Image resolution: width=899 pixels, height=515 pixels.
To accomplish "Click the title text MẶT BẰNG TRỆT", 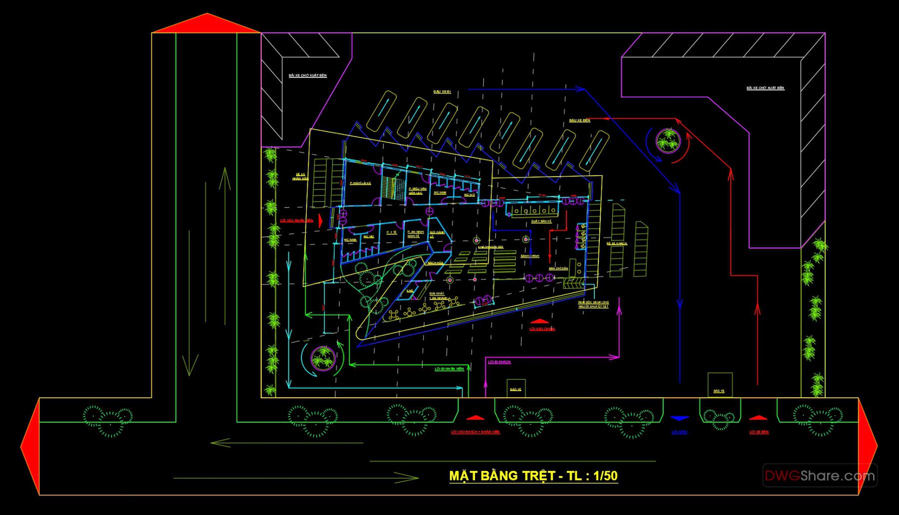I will (502, 476).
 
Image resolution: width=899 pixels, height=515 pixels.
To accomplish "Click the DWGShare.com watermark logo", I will (819, 476).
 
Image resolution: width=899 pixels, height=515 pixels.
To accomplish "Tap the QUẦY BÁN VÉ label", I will (541, 221).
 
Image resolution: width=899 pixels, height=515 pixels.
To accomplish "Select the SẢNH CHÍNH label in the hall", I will (530, 256).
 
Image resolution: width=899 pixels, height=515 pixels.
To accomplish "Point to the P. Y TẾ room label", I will (391, 232).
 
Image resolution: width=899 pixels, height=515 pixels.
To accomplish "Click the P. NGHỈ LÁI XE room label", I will (360, 184).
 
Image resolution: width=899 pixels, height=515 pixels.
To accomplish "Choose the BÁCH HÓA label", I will (435, 263).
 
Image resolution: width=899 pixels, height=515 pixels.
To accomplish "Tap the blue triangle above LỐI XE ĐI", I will (679, 418).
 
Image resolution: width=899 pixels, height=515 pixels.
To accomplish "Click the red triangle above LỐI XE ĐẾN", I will (758, 418).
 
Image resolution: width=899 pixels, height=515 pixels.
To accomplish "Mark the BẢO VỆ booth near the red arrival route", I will (720, 385).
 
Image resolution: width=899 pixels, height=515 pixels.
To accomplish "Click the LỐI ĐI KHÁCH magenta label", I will (499, 362).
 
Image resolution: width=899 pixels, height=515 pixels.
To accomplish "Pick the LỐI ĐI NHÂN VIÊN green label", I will (449, 369).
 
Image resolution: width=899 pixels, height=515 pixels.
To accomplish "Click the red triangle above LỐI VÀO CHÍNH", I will (540, 321).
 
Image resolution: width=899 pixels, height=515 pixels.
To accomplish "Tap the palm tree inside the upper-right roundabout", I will (668, 140).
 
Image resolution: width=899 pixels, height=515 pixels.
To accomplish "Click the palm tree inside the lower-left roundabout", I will (323, 357).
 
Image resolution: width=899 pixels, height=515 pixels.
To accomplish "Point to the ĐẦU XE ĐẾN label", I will (579, 120).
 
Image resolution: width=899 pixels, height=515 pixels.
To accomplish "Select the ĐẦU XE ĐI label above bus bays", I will (442, 92).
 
